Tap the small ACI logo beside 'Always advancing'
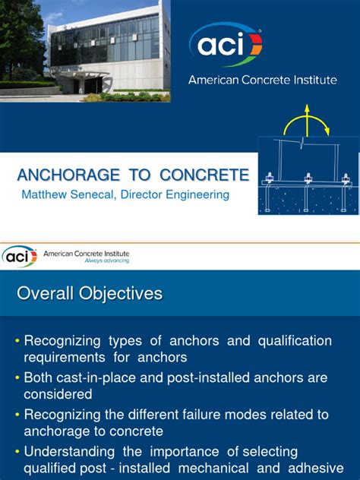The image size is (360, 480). coord(19,256)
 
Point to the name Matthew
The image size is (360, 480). coord(46,195)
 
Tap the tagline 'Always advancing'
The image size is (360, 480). coord(106,260)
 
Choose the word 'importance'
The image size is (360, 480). coord(185,452)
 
